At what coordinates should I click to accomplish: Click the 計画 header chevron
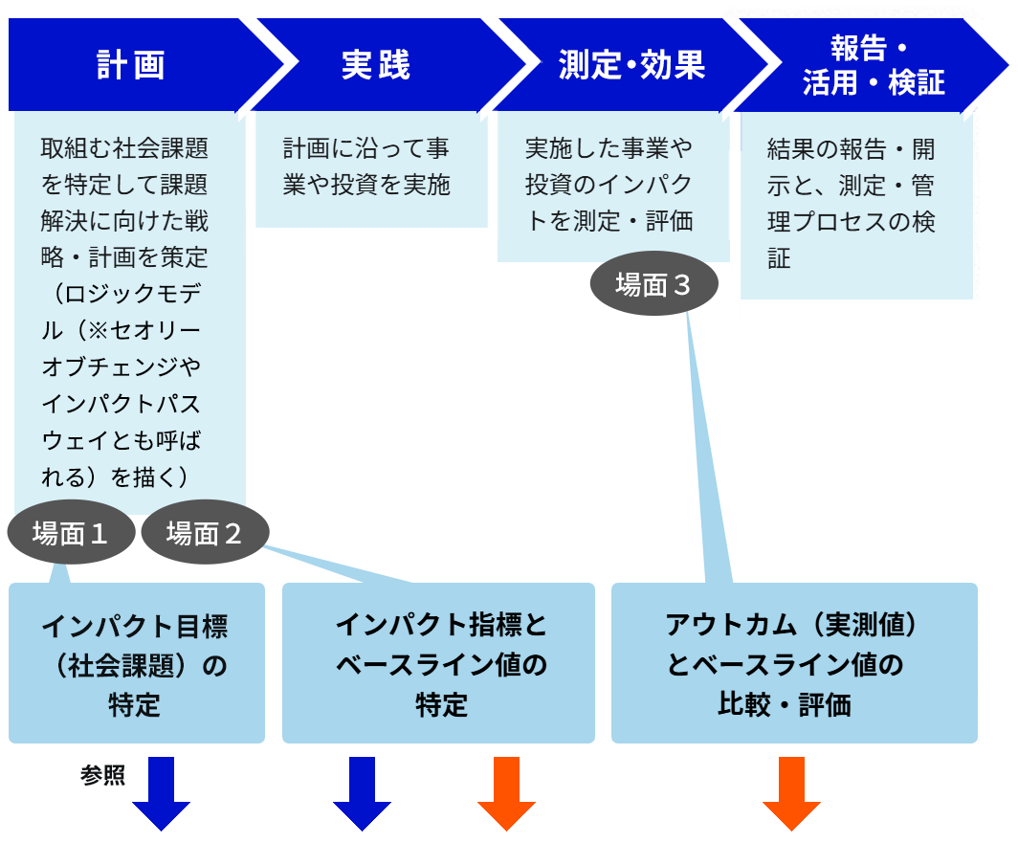coord(131,65)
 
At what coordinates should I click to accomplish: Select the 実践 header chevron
coord(376,65)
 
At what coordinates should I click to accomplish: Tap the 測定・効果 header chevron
coord(631,65)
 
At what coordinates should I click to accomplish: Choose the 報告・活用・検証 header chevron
coord(874,65)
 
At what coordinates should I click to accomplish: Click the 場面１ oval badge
coord(70,533)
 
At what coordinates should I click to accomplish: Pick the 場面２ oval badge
coord(205,533)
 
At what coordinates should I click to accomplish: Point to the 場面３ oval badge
coord(653,285)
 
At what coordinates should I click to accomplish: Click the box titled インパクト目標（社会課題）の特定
coord(136,664)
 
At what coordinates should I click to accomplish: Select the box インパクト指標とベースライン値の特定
coord(438,664)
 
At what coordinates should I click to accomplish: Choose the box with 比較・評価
coord(794,664)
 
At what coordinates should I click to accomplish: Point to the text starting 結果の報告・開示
coord(852,204)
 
